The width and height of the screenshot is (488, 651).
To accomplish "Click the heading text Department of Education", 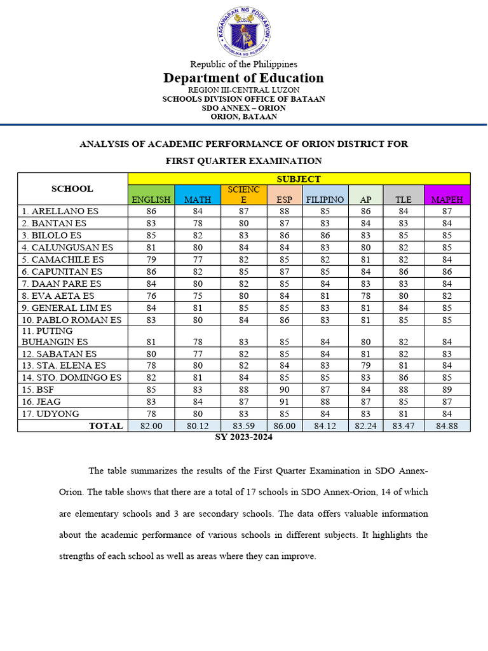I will [x=243, y=78].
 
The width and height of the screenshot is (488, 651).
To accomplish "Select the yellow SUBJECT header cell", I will [x=299, y=179].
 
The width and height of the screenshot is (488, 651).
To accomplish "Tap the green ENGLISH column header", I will [x=151, y=195].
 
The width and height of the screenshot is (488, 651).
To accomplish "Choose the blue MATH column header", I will [x=198, y=195].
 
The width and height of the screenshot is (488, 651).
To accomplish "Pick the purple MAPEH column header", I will [x=447, y=195].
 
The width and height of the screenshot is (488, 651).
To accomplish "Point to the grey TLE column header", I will [x=403, y=195].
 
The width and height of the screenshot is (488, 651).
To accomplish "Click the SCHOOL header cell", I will [x=72, y=188].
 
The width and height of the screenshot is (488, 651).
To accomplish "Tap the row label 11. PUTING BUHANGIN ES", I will [x=55, y=336].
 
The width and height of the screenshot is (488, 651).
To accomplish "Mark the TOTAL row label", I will [x=105, y=426].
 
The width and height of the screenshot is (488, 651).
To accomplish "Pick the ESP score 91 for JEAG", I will [x=284, y=402].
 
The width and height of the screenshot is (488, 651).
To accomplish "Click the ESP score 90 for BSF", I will [x=284, y=390].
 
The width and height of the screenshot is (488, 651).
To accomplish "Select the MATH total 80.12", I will [x=198, y=426].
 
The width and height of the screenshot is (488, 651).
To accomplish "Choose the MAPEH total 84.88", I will [x=447, y=426].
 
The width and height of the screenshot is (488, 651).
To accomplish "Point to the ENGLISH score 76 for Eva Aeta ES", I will [x=151, y=296].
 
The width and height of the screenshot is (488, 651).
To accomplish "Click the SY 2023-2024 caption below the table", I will [x=244, y=437].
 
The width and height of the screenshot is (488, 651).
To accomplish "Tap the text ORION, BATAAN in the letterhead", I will [x=243, y=117].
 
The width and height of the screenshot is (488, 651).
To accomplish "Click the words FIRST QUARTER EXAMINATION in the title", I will [x=243, y=161].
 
